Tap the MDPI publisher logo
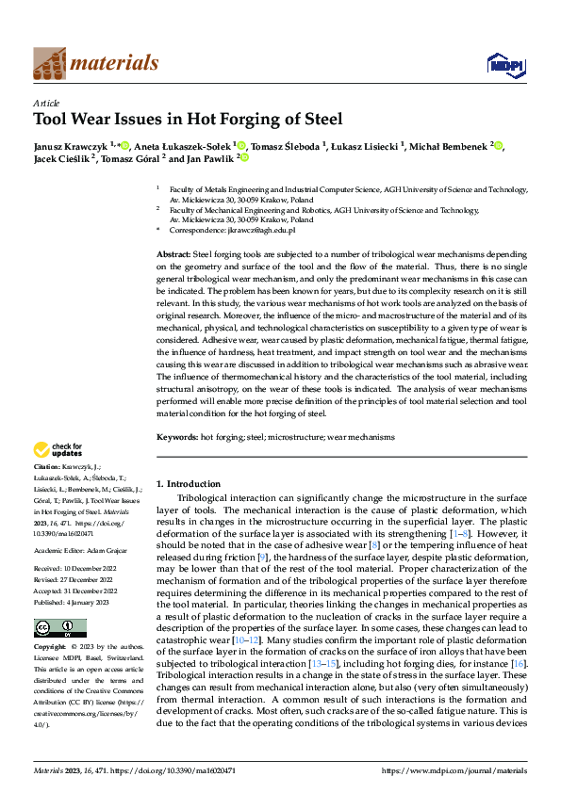[x=506, y=63]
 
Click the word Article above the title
[x=46, y=103]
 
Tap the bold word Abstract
[x=173, y=255]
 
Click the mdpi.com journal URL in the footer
[x=453, y=771]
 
